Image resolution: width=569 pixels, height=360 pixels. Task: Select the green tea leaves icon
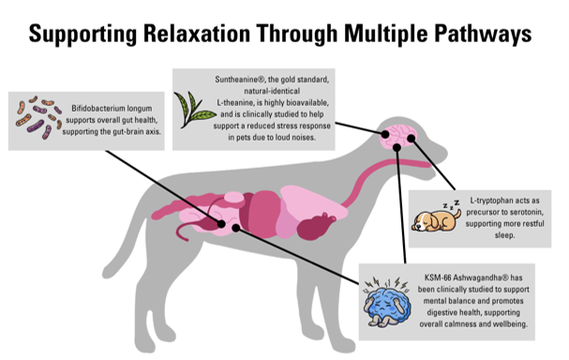(194, 110)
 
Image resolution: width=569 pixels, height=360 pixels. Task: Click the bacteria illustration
(38, 117)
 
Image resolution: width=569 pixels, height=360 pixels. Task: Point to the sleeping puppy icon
(437, 218)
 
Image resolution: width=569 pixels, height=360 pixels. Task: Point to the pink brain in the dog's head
(398, 136)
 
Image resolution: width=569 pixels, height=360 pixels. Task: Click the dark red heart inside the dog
(316, 227)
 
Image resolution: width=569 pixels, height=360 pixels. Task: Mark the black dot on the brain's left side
(385, 134)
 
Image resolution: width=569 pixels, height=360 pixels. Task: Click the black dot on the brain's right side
(411, 138)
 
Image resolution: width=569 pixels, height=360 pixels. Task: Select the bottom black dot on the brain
(397, 147)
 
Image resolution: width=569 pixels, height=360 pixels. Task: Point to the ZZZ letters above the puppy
(451, 204)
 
